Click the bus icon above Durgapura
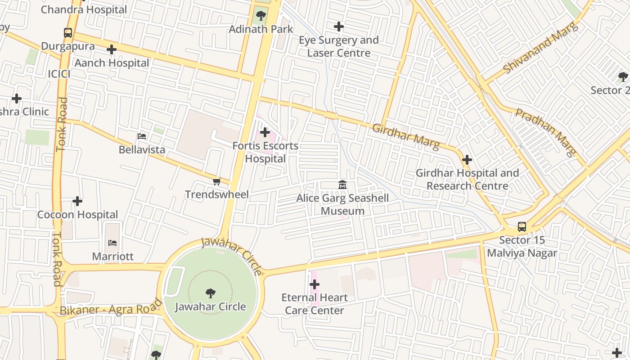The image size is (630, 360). (68, 33)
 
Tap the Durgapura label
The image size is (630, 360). (68, 46)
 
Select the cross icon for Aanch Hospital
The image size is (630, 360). (112, 49)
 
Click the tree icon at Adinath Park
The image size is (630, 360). (260, 16)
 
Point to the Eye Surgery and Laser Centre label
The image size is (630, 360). (338, 46)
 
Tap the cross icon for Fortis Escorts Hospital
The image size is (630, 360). (265, 132)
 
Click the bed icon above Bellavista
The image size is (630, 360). (142, 136)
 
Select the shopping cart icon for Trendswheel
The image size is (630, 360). (216, 181)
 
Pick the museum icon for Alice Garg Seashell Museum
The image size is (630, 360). (342, 184)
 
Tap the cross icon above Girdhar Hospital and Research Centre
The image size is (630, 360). (467, 159)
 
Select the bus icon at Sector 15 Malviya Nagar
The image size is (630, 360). (522, 227)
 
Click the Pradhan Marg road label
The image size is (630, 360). (546, 132)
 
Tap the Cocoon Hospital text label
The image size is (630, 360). (77, 215)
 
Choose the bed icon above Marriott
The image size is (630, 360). (112, 243)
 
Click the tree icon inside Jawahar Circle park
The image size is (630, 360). (210, 293)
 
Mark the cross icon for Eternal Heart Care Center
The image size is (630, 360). (315, 284)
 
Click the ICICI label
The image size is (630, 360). (59, 74)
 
